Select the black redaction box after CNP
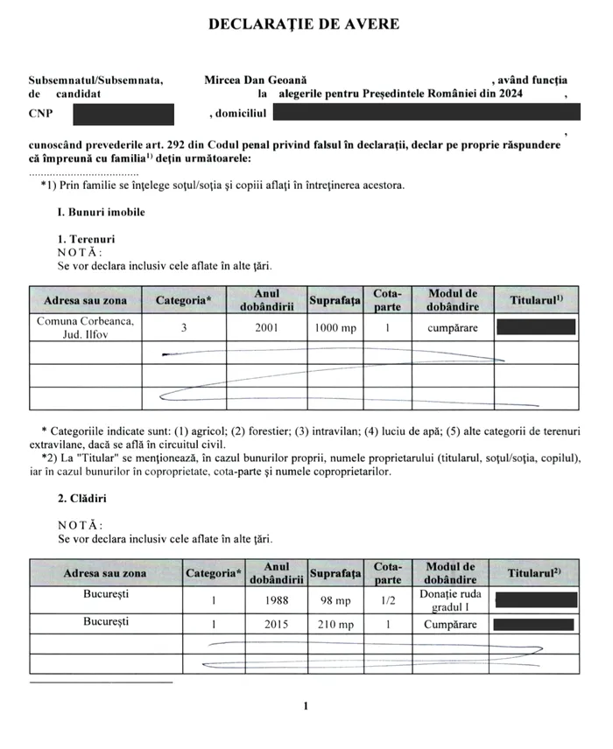point(123,114)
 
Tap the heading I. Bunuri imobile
point(101,213)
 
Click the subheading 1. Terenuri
point(86,238)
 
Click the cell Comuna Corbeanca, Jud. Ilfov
point(85,328)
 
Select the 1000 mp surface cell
point(335,328)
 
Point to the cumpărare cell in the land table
point(451,328)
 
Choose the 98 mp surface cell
point(335,601)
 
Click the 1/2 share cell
point(387,601)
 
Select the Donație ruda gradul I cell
point(450,600)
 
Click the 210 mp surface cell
point(335,625)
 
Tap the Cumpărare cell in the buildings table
point(450,625)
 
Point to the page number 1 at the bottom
point(305,705)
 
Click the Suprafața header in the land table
point(335,301)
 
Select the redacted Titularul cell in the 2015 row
point(535,625)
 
